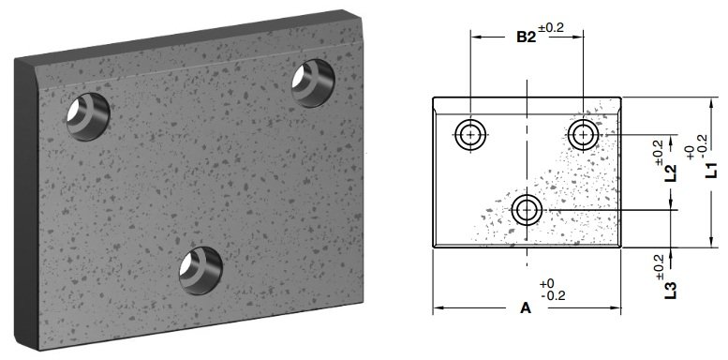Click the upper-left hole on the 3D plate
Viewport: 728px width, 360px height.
pos(86,117)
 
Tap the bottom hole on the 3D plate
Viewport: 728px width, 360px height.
pos(201,266)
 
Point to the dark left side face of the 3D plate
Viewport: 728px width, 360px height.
pos(25,206)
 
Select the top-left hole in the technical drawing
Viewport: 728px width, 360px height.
pos(469,135)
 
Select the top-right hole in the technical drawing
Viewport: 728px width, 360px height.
pos(584,135)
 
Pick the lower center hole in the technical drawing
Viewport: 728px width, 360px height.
pos(527,210)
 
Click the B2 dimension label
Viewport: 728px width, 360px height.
pos(527,37)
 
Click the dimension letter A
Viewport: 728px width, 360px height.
pos(525,307)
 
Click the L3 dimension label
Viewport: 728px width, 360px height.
pos(671,290)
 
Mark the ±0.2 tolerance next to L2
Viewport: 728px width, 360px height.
pos(658,149)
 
